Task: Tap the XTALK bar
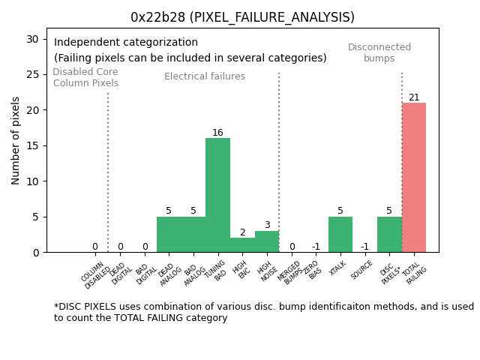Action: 340,235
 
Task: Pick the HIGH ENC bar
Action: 242,245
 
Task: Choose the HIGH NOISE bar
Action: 267,241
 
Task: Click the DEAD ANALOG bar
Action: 169,235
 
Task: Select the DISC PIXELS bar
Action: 389,235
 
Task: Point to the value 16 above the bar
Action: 217,133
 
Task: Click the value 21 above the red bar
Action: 414,97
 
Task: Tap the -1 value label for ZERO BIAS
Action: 316,247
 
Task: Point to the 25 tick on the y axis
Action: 34,74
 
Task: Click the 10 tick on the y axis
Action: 34,181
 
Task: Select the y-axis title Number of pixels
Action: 16,140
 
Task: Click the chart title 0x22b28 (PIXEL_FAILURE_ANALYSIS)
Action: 242,17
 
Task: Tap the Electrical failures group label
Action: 205,76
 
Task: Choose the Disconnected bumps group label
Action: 379,52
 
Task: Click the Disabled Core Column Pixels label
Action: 85,77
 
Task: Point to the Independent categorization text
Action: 126,43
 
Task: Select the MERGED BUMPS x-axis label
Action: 291,273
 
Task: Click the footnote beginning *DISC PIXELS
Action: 263,312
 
